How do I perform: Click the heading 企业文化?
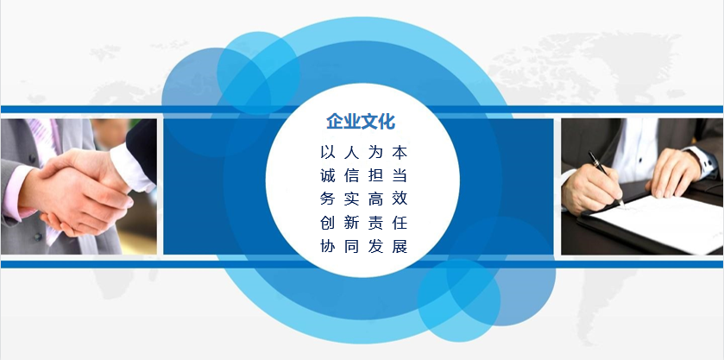[x=361, y=122]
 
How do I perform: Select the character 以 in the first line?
[x=327, y=152]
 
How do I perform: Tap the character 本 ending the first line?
[x=400, y=152]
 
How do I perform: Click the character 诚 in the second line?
[x=327, y=175]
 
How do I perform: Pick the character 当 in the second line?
[x=400, y=175]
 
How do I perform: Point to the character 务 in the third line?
[x=327, y=199]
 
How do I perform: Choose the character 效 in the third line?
[x=400, y=199]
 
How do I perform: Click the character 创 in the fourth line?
[x=327, y=223]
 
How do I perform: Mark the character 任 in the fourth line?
[x=400, y=223]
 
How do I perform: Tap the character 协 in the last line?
[x=327, y=246]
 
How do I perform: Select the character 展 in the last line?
[x=400, y=246]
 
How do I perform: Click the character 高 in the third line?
[x=375, y=199]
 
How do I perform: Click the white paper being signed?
[x=660, y=223]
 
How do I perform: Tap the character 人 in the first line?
[x=351, y=152]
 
